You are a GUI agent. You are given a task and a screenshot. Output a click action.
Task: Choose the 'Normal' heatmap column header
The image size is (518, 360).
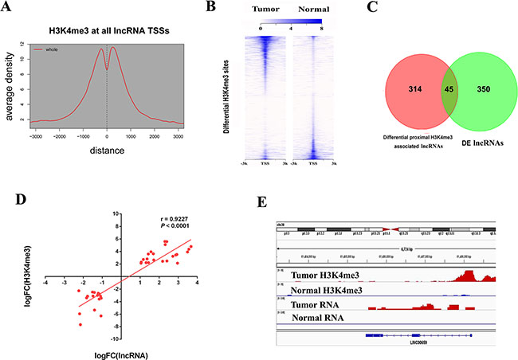tap(305, 10)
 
